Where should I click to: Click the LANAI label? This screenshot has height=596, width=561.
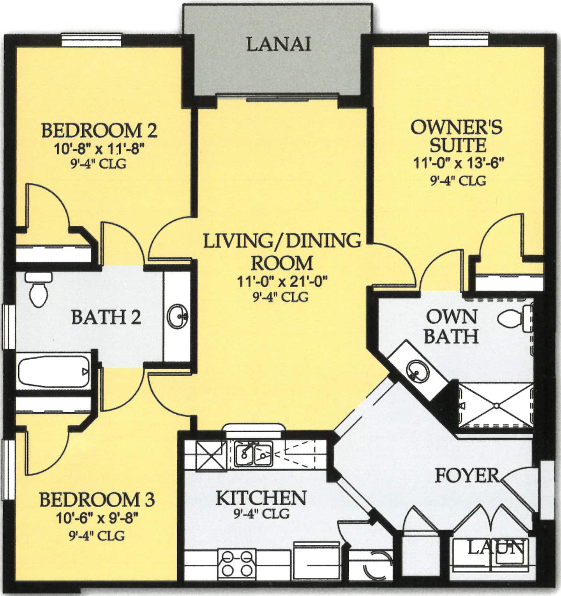pos(279,45)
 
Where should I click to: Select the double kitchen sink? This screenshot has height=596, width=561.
pos(254,454)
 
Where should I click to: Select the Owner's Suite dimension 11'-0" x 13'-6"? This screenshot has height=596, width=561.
pos(459,163)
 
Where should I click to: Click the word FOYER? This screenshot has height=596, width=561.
pos(466,475)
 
